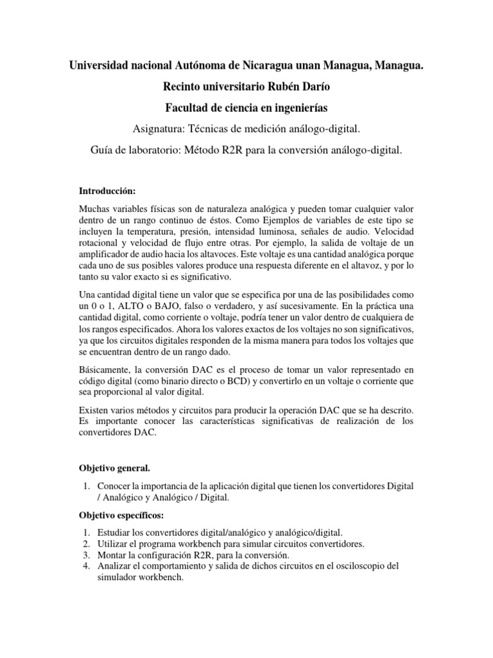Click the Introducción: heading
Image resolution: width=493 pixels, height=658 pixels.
[x=108, y=191]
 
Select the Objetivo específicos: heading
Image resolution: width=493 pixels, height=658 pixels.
[x=121, y=516]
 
